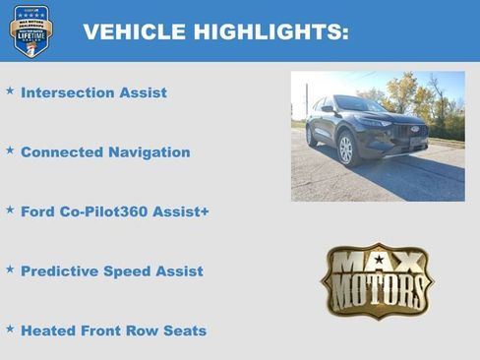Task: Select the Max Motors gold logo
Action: (x=377, y=281)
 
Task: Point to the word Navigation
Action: (x=149, y=152)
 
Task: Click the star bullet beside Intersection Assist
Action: (x=10, y=90)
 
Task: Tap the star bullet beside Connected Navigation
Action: (x=10, y=150)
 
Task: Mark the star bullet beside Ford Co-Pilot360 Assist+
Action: (x=10, y=210)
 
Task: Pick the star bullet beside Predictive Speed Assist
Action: (x=10, y=270)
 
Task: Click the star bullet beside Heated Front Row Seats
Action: (x=10, y=329)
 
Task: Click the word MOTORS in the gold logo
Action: (x=377, y=293)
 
